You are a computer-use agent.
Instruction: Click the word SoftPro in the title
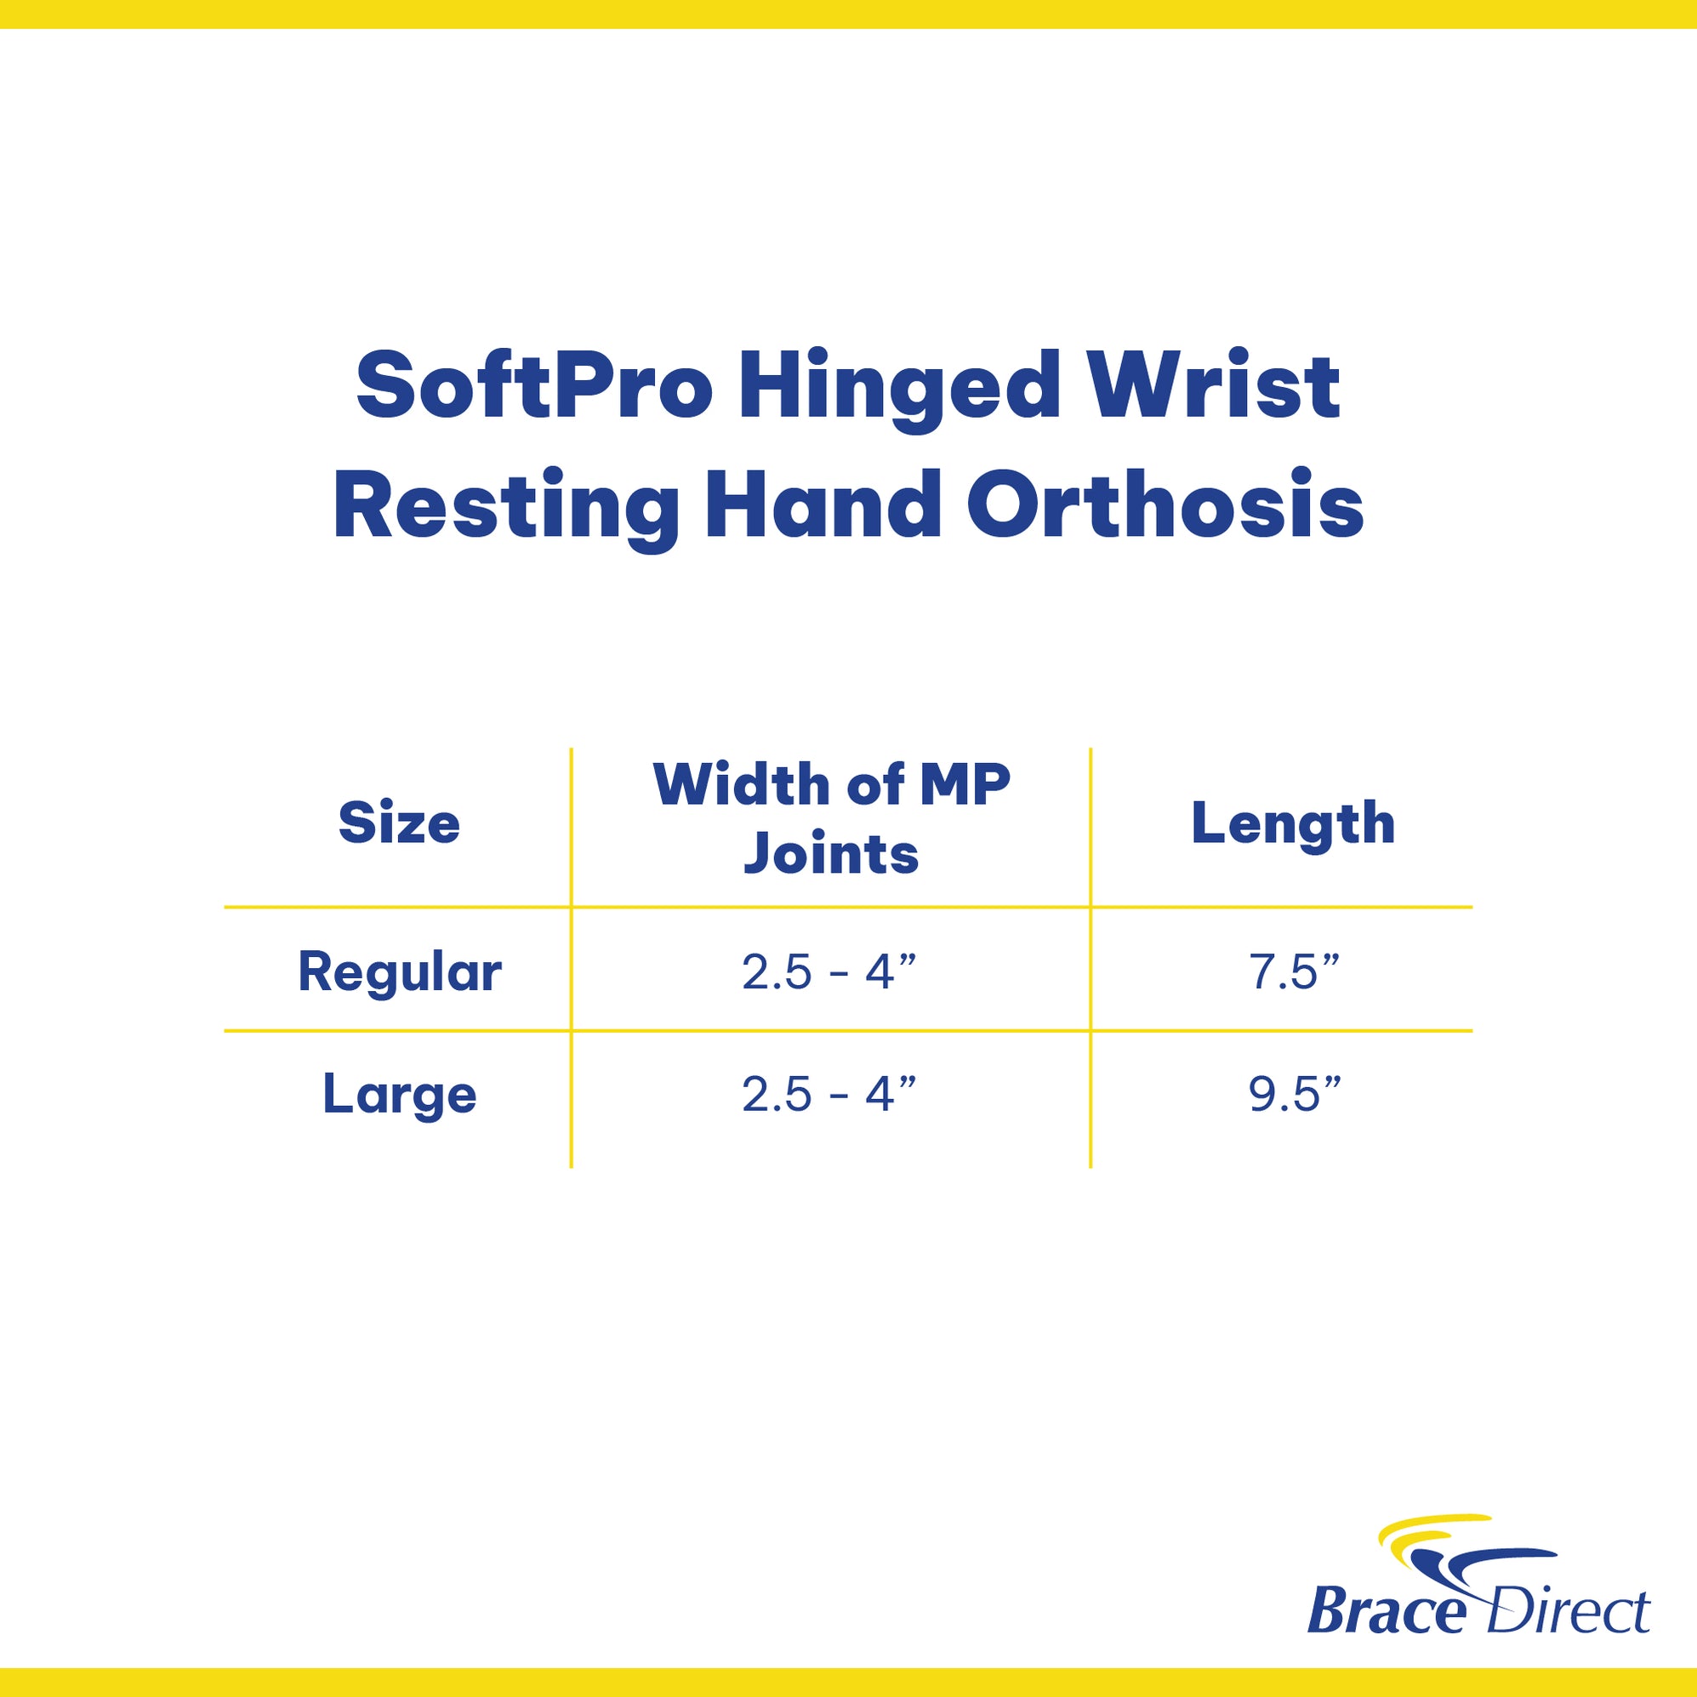tap(533, 386)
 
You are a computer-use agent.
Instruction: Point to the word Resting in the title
tap(506, 509)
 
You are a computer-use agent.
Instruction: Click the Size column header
tap(399, 824)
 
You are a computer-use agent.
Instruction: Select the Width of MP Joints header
tap(831, 818)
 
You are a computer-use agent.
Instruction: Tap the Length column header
tap(1293, 824)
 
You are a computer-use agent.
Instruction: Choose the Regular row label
tap(400, 972)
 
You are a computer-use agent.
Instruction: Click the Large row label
tap(400, 1095)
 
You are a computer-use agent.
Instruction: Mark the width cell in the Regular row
tap(829, 972)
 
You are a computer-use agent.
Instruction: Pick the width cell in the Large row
tap(829, 1095)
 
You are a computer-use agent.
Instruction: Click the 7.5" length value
tap(1294, 972)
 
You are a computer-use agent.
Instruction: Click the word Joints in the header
tap(831, 853)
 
